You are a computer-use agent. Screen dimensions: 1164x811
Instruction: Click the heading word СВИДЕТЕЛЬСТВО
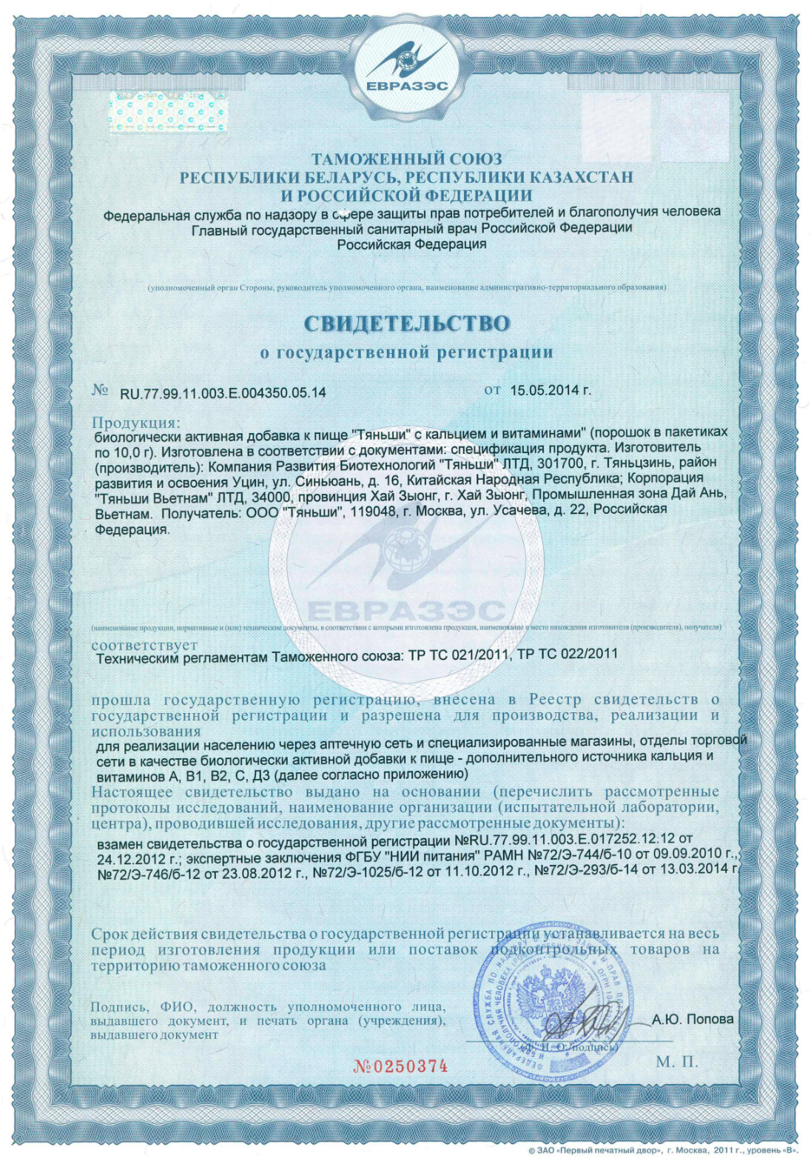(406, 324)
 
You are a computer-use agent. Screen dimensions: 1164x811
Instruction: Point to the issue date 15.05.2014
(551, 390)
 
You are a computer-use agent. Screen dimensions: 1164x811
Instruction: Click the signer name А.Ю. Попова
(693, 1020)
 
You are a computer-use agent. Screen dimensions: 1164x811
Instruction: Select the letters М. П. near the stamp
(676, 1062)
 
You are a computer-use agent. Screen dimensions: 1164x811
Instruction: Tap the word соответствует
(144, 645)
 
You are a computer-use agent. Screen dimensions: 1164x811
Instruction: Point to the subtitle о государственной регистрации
(406, 352)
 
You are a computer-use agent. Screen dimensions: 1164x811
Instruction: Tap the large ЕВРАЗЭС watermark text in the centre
(406, 611)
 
